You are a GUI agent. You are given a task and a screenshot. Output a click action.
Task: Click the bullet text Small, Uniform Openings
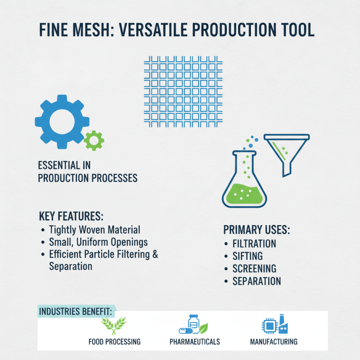pos(98,242)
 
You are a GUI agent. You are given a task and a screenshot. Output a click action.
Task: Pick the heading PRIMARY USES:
pos(256,230)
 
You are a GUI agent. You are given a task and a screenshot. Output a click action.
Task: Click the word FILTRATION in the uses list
pos(254,244)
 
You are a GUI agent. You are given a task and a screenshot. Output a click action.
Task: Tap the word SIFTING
pos(247,256)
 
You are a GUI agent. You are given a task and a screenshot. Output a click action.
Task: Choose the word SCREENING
pos(254,269)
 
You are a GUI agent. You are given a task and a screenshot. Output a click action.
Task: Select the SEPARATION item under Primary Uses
pos(256,281)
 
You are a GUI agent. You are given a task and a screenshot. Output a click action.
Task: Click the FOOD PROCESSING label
pos(115,342)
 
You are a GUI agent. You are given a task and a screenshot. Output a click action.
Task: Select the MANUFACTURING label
pos(274,342)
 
